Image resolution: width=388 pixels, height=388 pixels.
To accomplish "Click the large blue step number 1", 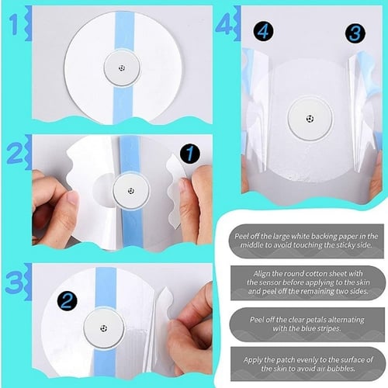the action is pos(15,25).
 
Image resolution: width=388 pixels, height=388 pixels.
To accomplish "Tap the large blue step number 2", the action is pos(15,154).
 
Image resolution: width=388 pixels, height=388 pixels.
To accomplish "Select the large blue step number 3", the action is pos(14,282).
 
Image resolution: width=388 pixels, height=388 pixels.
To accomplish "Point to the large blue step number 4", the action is pos(224,24).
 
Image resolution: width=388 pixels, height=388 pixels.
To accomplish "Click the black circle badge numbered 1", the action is pos(190,154).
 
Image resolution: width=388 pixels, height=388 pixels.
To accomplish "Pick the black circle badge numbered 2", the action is pos(67,301).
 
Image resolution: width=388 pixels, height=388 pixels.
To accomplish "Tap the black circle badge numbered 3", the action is pos(355,33).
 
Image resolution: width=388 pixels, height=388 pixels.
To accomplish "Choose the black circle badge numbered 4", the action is pos(263,32).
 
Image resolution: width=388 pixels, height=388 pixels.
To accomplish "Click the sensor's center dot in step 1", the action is pos(122,68).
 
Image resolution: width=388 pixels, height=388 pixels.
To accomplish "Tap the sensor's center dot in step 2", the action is pos(131,191).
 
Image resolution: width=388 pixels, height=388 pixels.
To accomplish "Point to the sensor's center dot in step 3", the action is pos(104,328).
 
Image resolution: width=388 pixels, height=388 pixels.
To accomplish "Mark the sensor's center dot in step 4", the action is pos(310,119).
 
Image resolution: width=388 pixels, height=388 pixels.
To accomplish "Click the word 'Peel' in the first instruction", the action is pos(241,237).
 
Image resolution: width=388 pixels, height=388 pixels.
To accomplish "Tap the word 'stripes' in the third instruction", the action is pos(329,329).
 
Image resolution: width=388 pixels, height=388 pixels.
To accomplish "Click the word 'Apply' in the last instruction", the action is pos(252,360).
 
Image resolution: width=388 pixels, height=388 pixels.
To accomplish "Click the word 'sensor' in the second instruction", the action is pos(272,282).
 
